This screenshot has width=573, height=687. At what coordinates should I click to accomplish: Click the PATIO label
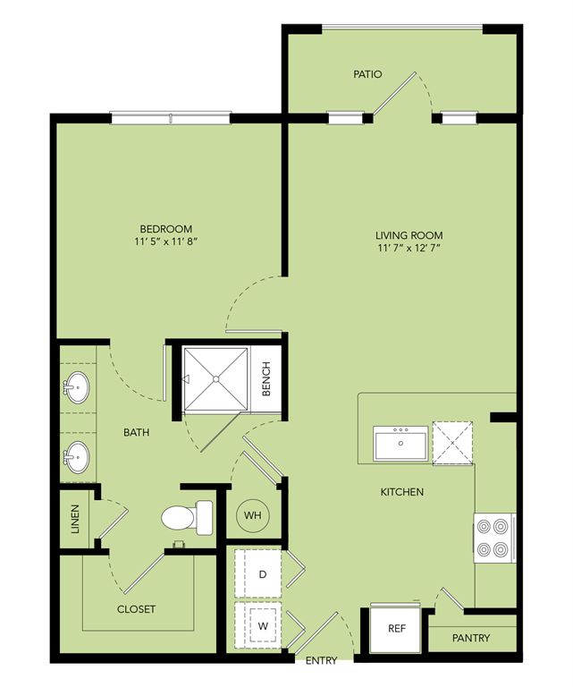(x=367, y=74)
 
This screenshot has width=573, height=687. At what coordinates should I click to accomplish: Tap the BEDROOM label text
(x=165, y=229)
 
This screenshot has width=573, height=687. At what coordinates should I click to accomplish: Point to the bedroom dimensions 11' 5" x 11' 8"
(x=165, y=242)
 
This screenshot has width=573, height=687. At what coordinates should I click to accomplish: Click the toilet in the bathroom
(x=189, y=517)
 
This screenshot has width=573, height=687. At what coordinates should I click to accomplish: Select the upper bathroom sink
(x=77, y=388)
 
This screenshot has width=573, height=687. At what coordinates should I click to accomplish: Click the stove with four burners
(x=494, y=537)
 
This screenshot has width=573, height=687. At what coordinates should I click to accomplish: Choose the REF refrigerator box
(x=397, y=629)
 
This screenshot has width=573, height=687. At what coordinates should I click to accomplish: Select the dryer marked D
(x=263, y=573)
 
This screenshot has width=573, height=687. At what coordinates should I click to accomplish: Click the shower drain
(x=215, y=379)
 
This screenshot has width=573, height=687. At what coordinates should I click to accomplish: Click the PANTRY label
(x=471, y=639)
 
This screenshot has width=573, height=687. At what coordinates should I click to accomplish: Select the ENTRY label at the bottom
(x=322, y=662)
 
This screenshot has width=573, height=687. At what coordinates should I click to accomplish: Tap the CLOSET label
(x=136, y=609)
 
